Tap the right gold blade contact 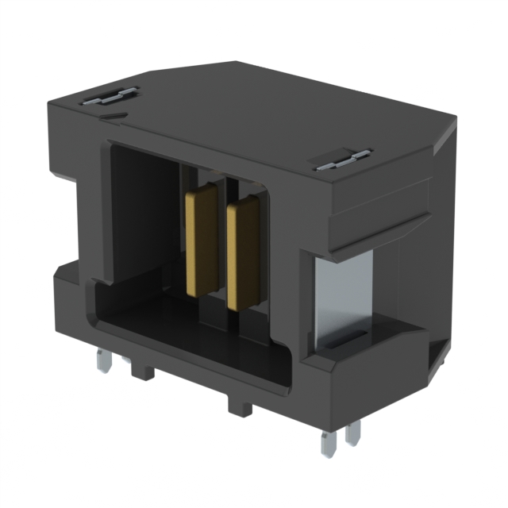click(x=241, y=254)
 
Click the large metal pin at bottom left click(x=102, y=361)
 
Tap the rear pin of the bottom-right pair click(x=353, y=432)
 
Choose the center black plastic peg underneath click(x=238, y=405)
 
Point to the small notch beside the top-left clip click(x=115, y=116)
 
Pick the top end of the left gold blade click(x=202, y=193)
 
